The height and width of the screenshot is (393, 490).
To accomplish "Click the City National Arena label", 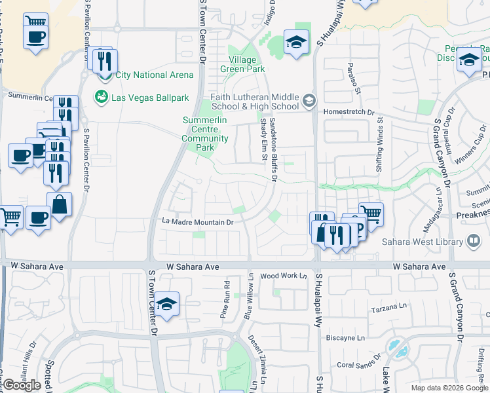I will coord(154,75).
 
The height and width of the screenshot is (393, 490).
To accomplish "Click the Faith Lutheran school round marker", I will coord(309,102).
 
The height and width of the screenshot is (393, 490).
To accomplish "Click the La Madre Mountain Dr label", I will coord(198,222).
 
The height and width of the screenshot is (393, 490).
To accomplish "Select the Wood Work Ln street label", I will coord(284,276).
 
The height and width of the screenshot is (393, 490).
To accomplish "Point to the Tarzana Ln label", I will coord(385,307).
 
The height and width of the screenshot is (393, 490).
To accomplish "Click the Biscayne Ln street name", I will coord(345,338).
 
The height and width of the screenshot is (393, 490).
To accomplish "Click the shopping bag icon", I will coord(59,204).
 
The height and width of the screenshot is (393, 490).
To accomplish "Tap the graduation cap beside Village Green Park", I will coord(296,43).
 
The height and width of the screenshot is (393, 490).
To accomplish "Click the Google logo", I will coord(22,385).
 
